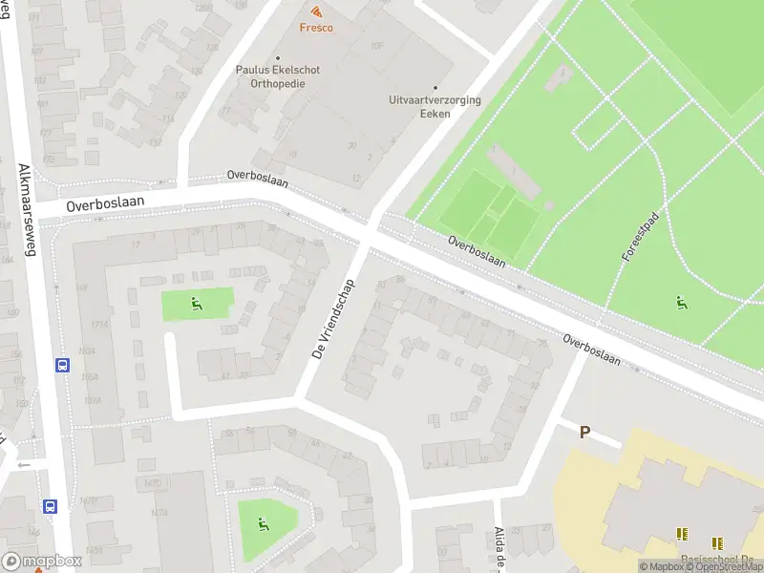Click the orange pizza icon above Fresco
316,11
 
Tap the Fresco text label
316,28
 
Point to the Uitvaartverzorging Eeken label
435,107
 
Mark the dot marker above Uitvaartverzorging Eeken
435,88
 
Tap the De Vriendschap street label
332,319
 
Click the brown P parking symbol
584,432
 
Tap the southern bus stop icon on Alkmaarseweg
49,506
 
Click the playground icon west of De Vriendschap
197,305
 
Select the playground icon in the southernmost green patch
264,522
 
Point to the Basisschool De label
720,561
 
